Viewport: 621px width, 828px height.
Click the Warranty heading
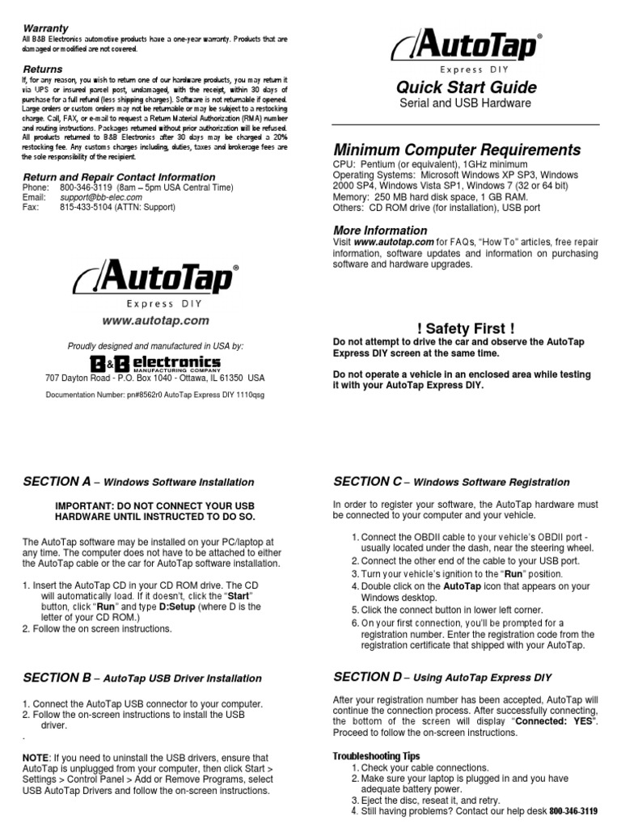pos(45,27)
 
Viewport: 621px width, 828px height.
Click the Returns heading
pos(42,70)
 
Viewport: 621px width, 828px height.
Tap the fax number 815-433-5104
pos(91,207)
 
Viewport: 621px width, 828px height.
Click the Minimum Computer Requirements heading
pos(457,150)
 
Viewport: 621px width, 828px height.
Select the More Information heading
pos(380,230)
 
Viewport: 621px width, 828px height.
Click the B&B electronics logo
pos(154,363)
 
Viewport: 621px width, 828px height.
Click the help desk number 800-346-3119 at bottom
pos(573,811)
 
